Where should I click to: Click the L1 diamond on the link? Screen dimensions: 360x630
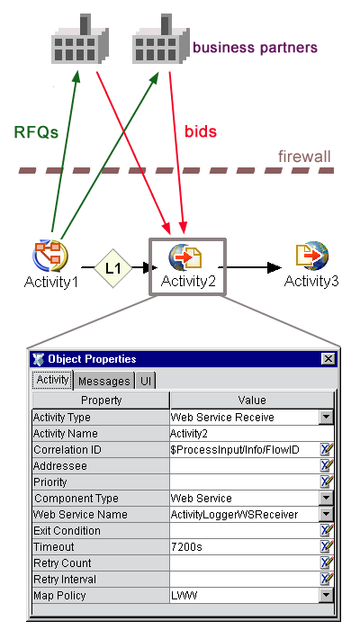(112, 268)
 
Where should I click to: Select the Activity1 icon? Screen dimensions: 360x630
(50, 256)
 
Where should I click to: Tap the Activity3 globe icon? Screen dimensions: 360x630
(312, 256)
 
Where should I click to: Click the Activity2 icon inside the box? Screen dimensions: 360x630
(185, 256)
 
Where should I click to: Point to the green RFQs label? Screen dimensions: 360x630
(36, 131)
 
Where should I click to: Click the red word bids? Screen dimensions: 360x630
(201, 131)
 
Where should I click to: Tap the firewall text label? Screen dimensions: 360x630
(304, 157)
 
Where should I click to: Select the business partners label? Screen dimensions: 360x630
(255, 48)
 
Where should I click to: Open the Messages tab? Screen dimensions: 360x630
(104, 381)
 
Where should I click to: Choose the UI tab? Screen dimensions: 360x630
(146, 381)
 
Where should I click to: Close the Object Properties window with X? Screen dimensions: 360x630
(328, 359)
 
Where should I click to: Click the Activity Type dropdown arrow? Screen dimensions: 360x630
(326, 418)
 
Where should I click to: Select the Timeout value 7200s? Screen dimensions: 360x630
(186, 547)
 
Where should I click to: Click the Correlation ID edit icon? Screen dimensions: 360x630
(326, 450)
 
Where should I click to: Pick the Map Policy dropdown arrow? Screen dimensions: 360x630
(326, 596)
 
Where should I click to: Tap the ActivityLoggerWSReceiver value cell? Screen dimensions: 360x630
(234, 514)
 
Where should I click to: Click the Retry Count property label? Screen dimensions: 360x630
(62, 563)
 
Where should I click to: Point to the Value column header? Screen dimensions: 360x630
(252, 400)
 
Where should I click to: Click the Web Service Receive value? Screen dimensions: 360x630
(222, 418)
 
